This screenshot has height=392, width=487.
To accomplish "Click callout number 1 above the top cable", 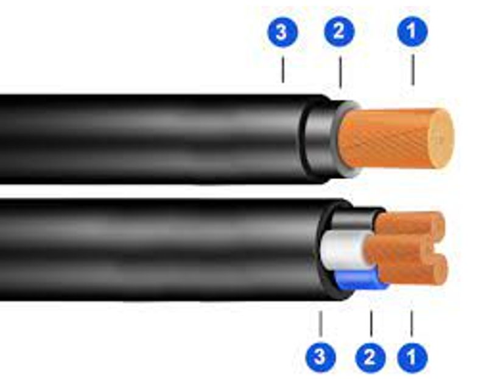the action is [413, 32].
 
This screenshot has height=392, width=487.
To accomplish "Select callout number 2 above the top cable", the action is [339, 32].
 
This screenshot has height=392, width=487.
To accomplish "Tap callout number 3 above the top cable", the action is [282, 32].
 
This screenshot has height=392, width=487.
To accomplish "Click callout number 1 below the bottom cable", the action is [413, 357].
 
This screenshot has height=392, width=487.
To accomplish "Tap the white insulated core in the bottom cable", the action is [343, 250].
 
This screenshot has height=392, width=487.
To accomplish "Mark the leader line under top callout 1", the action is [413, 70].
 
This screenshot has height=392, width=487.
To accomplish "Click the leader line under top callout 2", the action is [340, 72].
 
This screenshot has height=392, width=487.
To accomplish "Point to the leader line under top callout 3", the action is [282, 69].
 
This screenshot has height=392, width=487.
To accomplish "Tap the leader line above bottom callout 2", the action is [371, 324].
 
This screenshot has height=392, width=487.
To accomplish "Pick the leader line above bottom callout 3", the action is [321, 324].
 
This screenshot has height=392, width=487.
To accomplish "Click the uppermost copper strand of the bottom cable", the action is [410, 223].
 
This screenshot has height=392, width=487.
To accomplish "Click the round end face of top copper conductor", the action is [441, 139].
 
